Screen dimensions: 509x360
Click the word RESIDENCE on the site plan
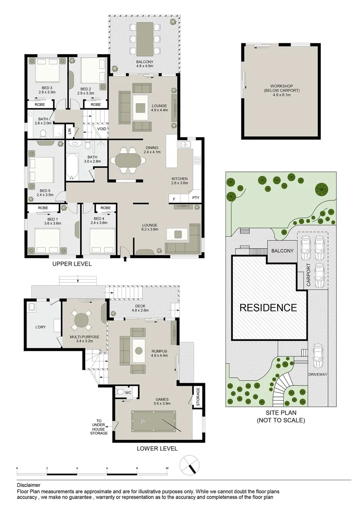coord(268,308)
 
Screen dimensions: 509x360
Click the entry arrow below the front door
coord(125,258)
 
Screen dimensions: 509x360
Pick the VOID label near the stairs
coord(101,128)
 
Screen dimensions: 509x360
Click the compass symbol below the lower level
coord(190,464)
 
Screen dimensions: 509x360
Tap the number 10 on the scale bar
coord(167,468)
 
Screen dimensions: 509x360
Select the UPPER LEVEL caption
coord(72,264)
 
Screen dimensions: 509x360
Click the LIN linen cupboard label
coord(69,131)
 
